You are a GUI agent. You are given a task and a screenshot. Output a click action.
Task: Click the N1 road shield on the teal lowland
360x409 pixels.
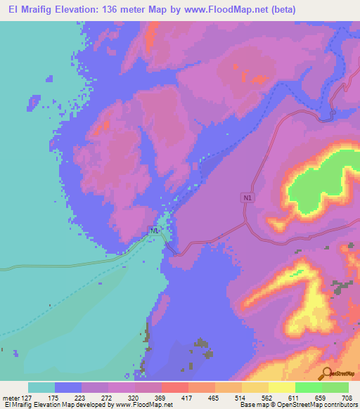point(155,231)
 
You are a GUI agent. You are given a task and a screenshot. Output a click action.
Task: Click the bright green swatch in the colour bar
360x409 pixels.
point(308,387)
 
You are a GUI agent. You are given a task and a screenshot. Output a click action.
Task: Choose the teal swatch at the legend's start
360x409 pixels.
point(41,387)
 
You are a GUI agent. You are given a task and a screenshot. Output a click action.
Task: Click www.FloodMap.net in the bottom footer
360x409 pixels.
point(145,405)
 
